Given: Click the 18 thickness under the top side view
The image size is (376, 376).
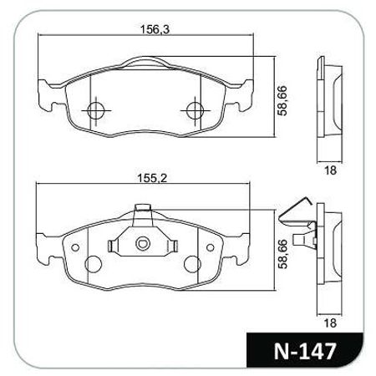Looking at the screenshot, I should (329, 170).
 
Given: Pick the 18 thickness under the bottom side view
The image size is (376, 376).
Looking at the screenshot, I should (329, 321).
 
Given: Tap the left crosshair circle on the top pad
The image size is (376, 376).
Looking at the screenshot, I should (95, 109).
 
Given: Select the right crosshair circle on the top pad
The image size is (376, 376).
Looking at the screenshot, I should (194, 109).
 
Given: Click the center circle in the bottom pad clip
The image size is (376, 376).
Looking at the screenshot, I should (143, 245).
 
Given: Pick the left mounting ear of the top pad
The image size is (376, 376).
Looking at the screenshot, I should (46, 94).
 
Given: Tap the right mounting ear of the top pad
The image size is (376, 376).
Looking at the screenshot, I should (244, 94).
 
